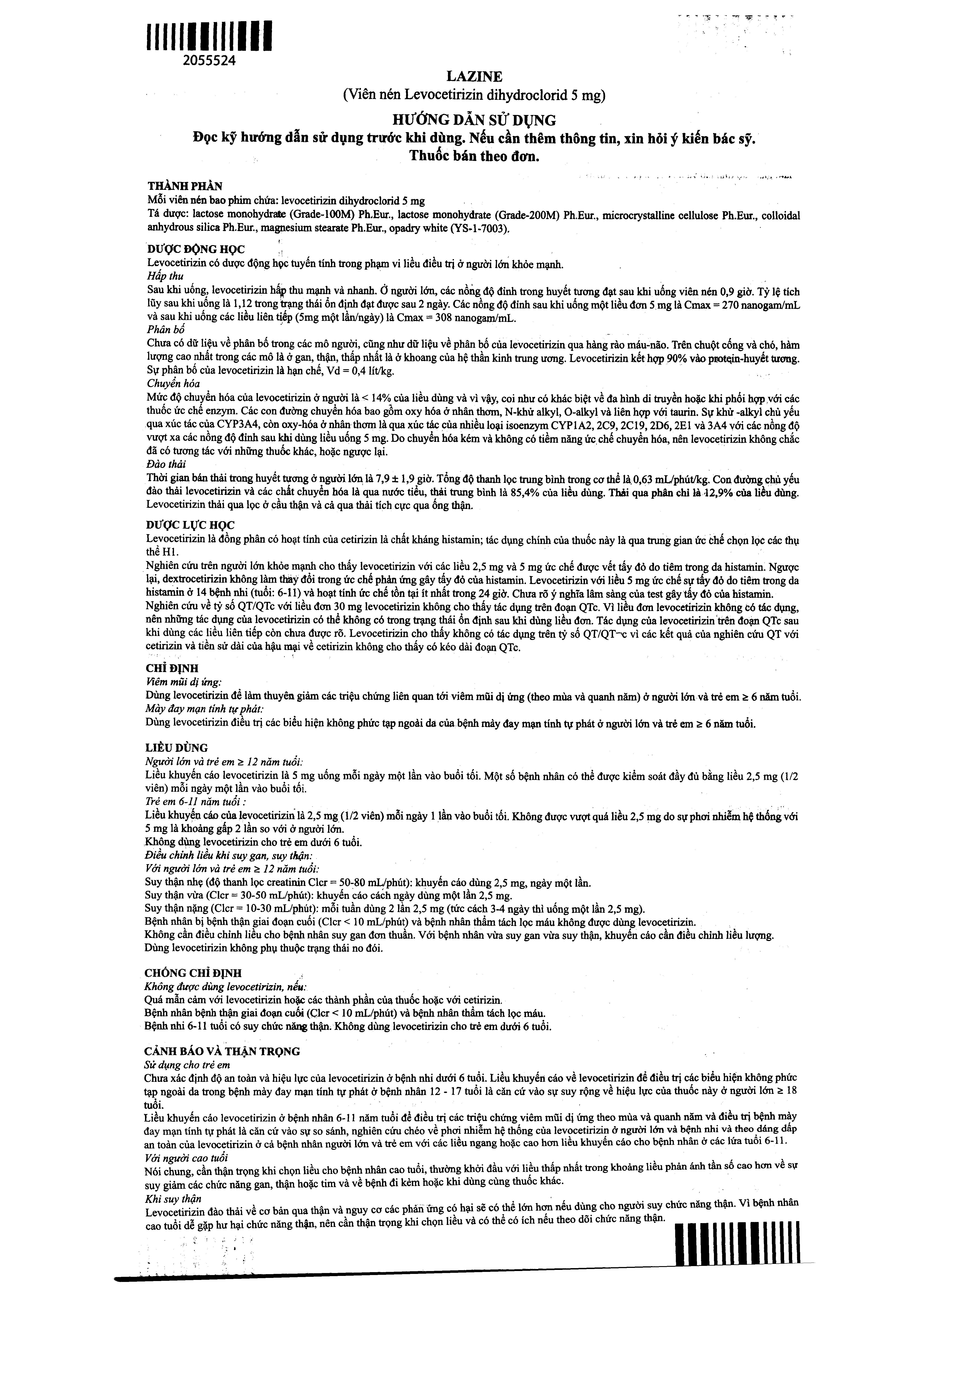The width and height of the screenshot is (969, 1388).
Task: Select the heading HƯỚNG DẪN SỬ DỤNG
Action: point(474,120)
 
